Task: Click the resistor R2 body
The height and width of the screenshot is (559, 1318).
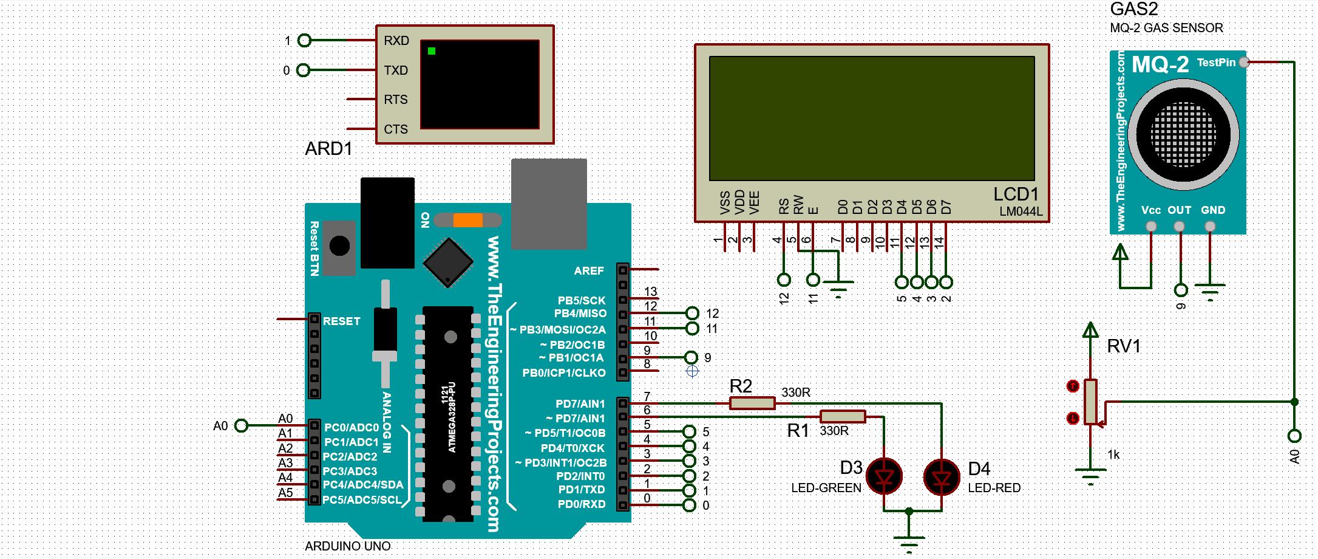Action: coord(752,403)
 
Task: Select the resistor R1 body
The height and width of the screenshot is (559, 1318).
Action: coord(843,417)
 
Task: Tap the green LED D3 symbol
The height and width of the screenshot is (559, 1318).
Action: coord(884,476)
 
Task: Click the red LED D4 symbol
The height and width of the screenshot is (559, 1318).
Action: coord(942,477)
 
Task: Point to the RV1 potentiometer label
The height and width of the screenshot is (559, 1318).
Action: coord(1124,346)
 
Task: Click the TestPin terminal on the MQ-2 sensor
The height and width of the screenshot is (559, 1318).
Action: coord(1243,62)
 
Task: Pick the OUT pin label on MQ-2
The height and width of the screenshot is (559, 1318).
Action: coord(1179,210)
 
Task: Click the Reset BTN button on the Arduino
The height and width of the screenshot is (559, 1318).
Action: coord(339,246)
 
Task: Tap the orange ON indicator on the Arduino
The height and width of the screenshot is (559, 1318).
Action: coord(467,220)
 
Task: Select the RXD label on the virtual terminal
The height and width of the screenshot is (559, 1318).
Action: coord(396,41)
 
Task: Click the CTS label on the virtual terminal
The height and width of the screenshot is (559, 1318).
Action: coord(396,129)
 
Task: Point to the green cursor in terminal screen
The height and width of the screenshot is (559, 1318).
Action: coord(432,51)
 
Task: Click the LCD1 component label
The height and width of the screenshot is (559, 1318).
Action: coord(1016,194)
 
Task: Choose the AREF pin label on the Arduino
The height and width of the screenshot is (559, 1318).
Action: coord(588,270)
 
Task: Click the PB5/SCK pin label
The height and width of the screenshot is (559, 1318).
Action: coord(581,300)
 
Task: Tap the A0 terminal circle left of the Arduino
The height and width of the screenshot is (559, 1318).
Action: coord(241,426)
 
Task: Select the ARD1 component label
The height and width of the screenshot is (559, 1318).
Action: coord(328,149)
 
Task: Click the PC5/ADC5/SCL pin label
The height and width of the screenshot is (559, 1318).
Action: coord(362,500)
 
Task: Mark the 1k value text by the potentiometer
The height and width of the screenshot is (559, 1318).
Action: coord(1113,454)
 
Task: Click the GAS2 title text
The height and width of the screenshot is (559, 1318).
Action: coord(1133,9)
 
